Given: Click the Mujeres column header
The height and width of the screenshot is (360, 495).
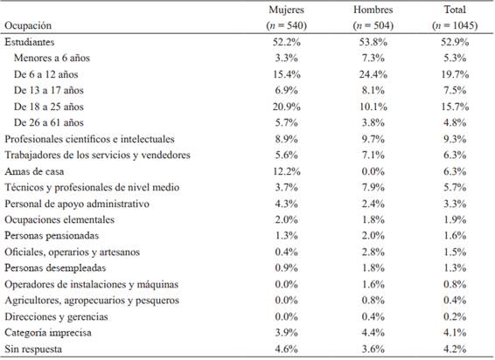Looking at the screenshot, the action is [x=286, y=10].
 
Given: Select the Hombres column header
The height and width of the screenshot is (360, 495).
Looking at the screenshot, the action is [x=373, y=10].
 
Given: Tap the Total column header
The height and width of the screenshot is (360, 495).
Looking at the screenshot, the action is [x=455, y=10].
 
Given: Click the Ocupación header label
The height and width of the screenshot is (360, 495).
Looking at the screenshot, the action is [x=28, y=26].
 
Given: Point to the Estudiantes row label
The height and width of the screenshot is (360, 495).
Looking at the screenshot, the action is [x=30, y=42].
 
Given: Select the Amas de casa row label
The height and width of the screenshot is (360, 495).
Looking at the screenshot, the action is [x=34, y=171].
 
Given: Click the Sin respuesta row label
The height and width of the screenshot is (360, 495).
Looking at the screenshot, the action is [x=33, y=350].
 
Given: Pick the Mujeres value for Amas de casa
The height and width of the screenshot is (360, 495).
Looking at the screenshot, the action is [x=286, y=171].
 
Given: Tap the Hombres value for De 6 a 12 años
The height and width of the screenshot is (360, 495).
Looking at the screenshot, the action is [x=373, y=74].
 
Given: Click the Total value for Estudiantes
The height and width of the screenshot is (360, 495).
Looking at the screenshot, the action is [x=455, y=42].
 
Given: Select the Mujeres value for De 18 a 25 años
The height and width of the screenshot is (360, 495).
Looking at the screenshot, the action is [x=286, y=107].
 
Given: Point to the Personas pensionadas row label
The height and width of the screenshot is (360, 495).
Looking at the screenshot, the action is [x=52, y=236].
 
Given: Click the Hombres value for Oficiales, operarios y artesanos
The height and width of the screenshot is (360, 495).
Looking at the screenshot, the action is [x=373, y=253].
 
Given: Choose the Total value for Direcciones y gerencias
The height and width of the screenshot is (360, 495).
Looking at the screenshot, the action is [x=455, y=316].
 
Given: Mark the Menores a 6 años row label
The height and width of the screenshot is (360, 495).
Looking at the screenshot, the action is [x=52, y=58].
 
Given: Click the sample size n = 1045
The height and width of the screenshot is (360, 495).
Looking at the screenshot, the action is [x=455, y=25].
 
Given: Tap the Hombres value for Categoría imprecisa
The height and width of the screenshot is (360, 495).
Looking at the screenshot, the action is [x=373, y=333].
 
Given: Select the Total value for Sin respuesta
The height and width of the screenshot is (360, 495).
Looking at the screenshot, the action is [x=455, y=350].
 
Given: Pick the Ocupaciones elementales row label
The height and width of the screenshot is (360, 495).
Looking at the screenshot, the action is [x=59, y=219].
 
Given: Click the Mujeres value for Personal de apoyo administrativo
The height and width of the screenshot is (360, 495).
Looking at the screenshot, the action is [x=286, y=204].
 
